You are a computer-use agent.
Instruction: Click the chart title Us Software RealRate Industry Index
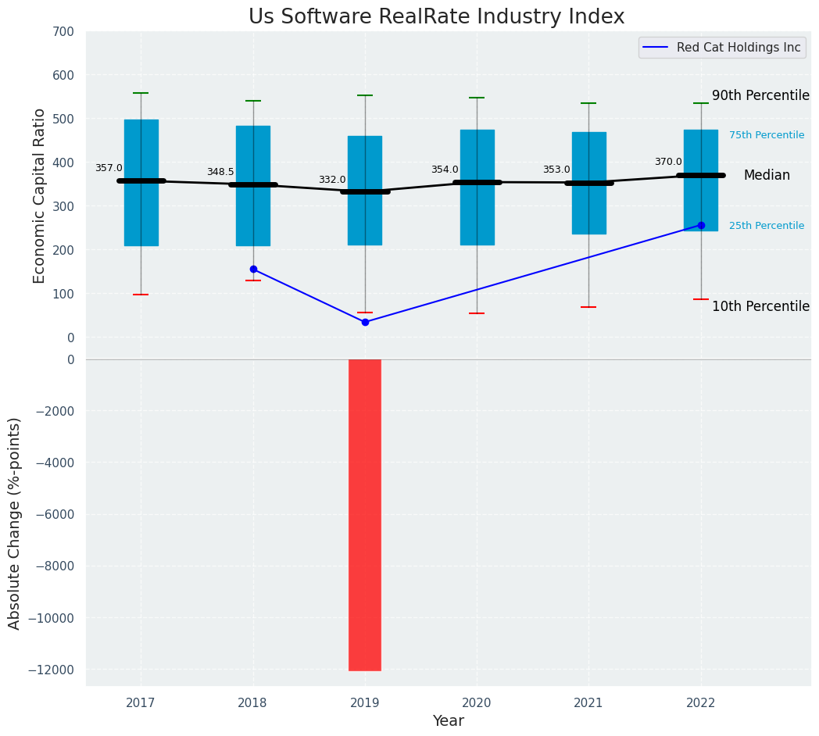(436, 17)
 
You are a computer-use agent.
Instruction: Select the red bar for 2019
(365, 514)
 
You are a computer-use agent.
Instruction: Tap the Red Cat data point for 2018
(253, 269)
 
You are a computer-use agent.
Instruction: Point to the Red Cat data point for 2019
(365, 322)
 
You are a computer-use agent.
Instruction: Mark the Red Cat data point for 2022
(701, 225)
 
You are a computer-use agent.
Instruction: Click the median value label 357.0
(109, 168)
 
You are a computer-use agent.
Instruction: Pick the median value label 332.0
(332, 180)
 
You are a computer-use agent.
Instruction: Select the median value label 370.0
(668, 162)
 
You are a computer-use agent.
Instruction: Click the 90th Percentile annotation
(760, 95)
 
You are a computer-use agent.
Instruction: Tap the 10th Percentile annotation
(760, 306)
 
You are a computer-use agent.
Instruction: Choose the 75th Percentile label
(767, 135)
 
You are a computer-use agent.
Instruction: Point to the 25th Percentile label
(767, 226)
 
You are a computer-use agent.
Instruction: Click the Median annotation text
(767, 176)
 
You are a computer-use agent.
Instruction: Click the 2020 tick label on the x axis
(477, 703)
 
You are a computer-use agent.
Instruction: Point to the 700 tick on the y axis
(64, 31)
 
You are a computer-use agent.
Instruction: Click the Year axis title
(449, 721)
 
